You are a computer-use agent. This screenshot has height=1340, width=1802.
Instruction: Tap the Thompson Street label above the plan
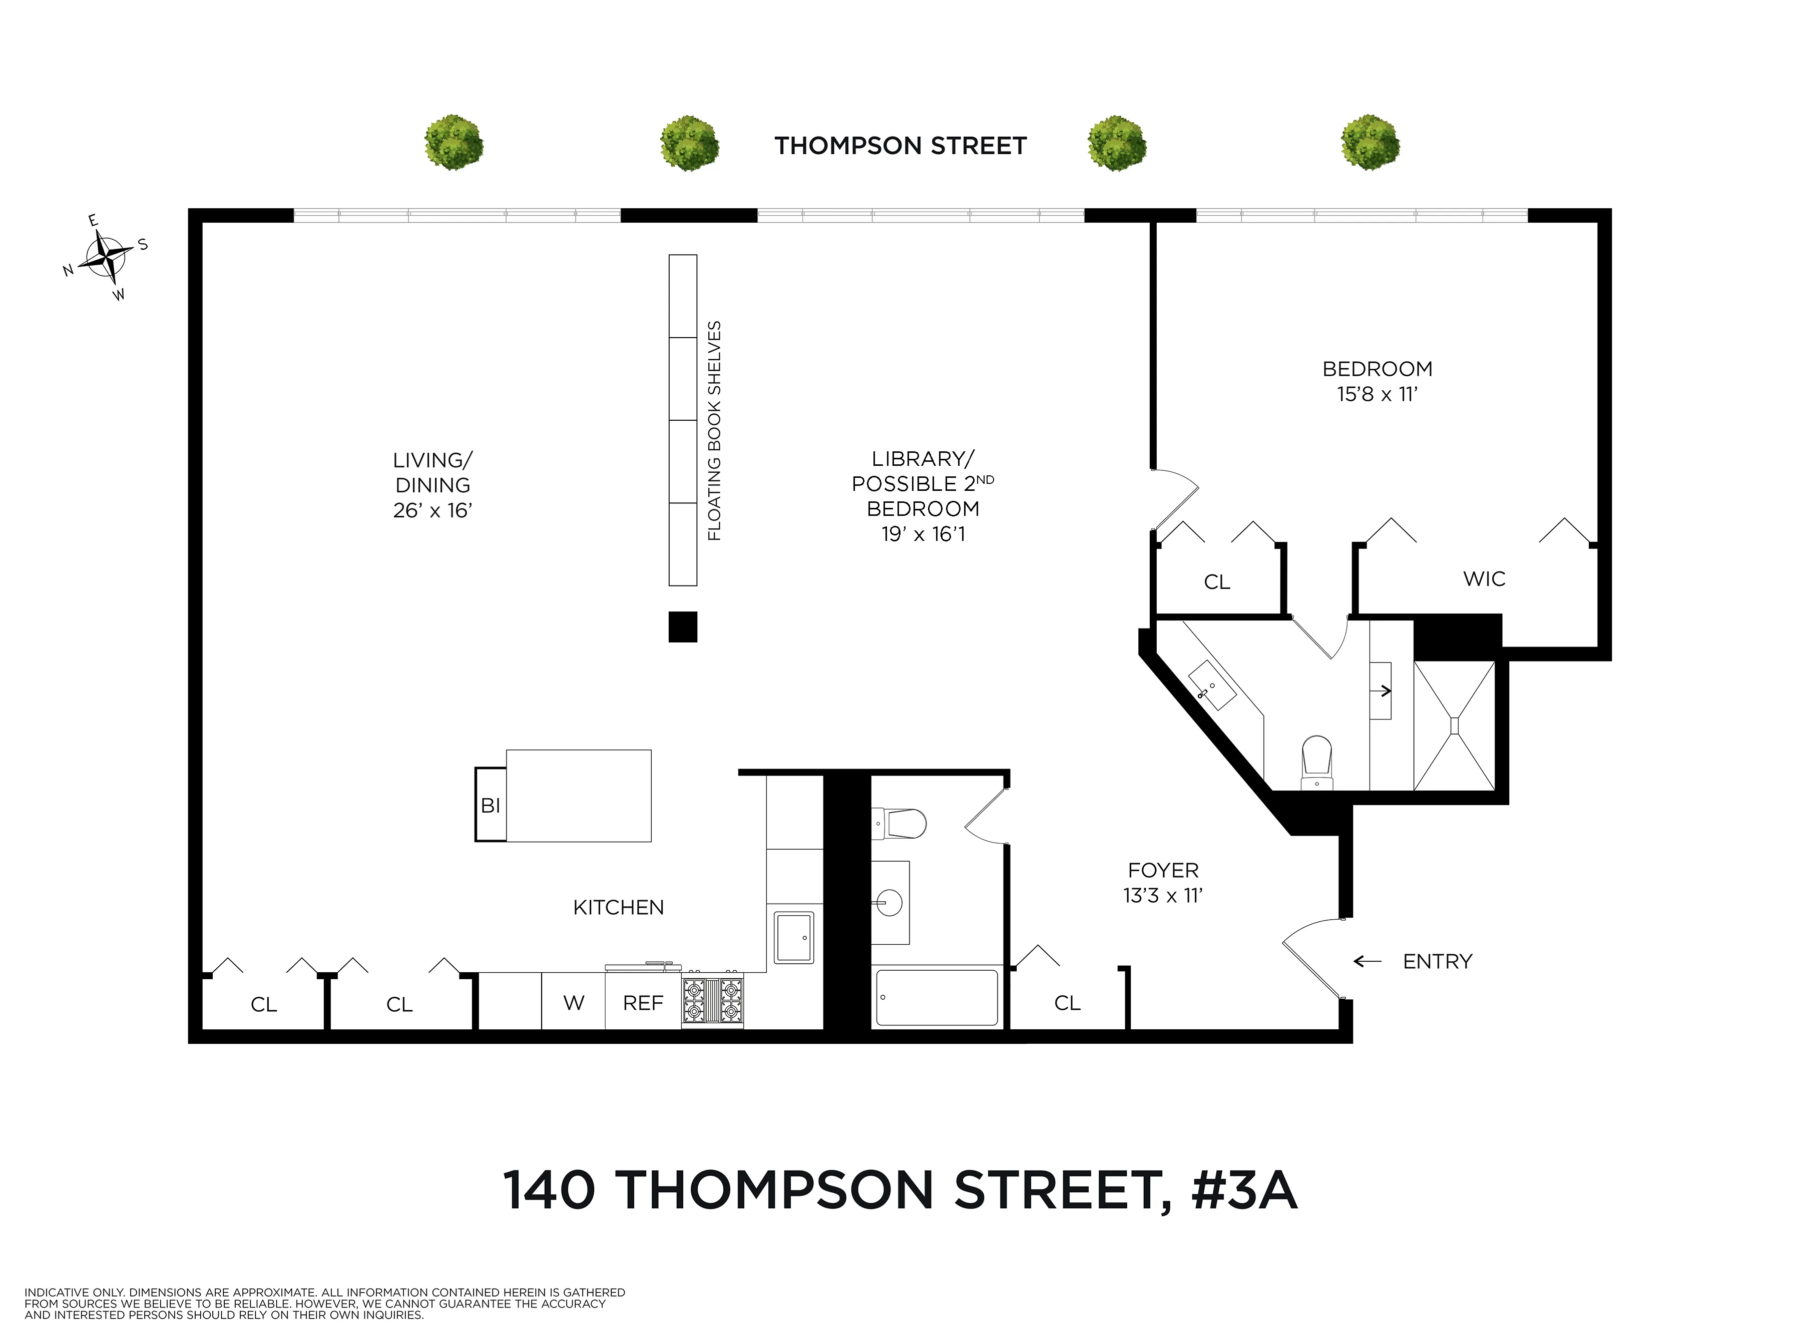(900, 146)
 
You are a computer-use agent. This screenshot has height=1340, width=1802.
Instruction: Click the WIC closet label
(1484, 579)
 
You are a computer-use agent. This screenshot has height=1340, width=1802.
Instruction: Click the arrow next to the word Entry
(1367, 961)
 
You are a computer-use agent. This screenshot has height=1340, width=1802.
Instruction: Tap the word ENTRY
(1437, 961)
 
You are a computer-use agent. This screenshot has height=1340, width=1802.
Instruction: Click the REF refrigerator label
(643, 1003)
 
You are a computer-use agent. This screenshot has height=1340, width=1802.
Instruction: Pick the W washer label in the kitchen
(574, 1003)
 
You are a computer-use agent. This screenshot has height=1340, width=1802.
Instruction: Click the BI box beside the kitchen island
(490, 805)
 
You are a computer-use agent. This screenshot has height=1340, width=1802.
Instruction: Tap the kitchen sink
(793, 938)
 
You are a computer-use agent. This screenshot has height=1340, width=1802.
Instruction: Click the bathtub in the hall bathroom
(937, 997)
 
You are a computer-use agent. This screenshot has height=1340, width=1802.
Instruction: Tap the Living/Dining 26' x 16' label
(432, 485)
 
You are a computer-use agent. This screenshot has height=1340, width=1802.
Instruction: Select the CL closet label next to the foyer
(1067, 1003)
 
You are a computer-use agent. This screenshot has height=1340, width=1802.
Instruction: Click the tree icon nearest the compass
(454, 143)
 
